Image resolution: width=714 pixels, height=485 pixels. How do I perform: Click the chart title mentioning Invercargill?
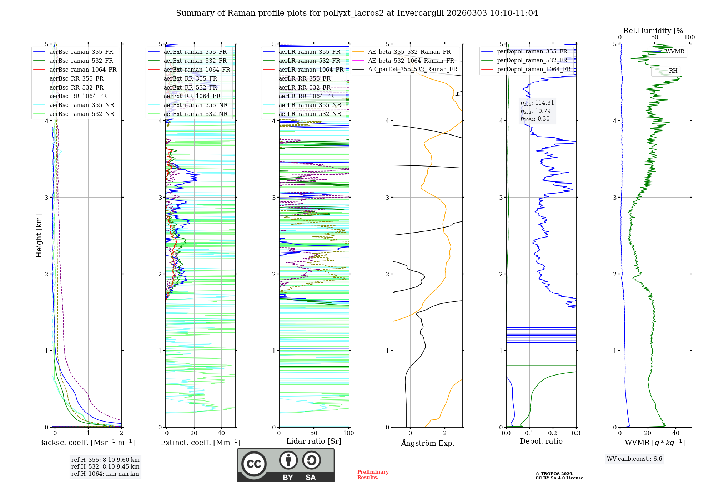357,13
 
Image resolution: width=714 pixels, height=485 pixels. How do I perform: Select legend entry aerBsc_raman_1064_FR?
83,70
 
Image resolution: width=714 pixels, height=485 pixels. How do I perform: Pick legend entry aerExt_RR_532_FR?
190,87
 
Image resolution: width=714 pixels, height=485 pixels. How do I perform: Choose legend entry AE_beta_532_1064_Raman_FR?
411,61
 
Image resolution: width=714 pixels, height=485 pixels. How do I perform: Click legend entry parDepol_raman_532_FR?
532,61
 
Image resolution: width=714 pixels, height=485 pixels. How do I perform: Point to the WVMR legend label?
675,52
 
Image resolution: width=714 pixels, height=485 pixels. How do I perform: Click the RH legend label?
673,71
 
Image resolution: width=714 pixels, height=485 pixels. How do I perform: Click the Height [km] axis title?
39,236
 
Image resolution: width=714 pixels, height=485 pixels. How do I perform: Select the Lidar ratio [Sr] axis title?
314,441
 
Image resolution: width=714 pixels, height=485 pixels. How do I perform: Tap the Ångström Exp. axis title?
428,443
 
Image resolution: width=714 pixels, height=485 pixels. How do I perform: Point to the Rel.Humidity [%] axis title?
654,31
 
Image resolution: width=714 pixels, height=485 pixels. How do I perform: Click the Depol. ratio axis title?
541,441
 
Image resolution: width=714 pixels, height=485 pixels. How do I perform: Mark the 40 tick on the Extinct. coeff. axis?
221,433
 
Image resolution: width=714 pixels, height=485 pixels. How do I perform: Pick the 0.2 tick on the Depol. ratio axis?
553,433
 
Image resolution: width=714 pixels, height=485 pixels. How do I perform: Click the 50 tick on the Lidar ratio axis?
314,433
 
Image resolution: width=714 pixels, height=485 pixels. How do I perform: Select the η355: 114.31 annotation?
537,103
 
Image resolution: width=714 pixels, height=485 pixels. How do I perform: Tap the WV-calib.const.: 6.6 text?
634,459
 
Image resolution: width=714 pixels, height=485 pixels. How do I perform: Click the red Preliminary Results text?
373,475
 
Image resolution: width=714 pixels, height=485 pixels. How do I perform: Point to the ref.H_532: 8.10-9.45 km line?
105,467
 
